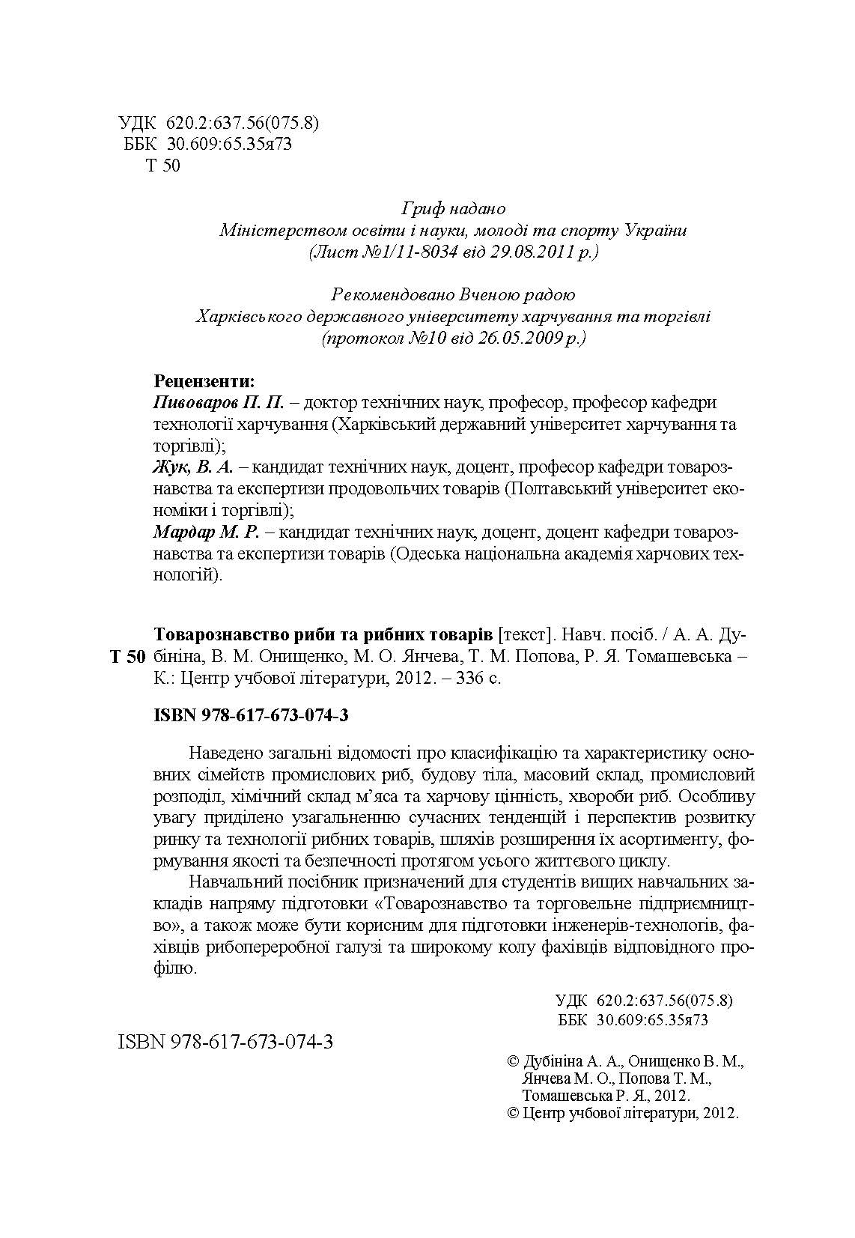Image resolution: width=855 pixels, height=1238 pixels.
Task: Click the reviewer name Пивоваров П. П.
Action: coord(219,403)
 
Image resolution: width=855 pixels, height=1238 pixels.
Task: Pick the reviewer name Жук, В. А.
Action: coord(193,468)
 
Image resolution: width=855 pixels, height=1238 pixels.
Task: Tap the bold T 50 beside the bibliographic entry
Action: coord(127,658)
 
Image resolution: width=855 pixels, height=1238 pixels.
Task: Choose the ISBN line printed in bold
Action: coord(251,715)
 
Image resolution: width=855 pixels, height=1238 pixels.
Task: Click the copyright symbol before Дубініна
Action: coord(514,1061)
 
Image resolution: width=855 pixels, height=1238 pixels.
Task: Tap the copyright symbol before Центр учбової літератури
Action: coord(514,1113)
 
